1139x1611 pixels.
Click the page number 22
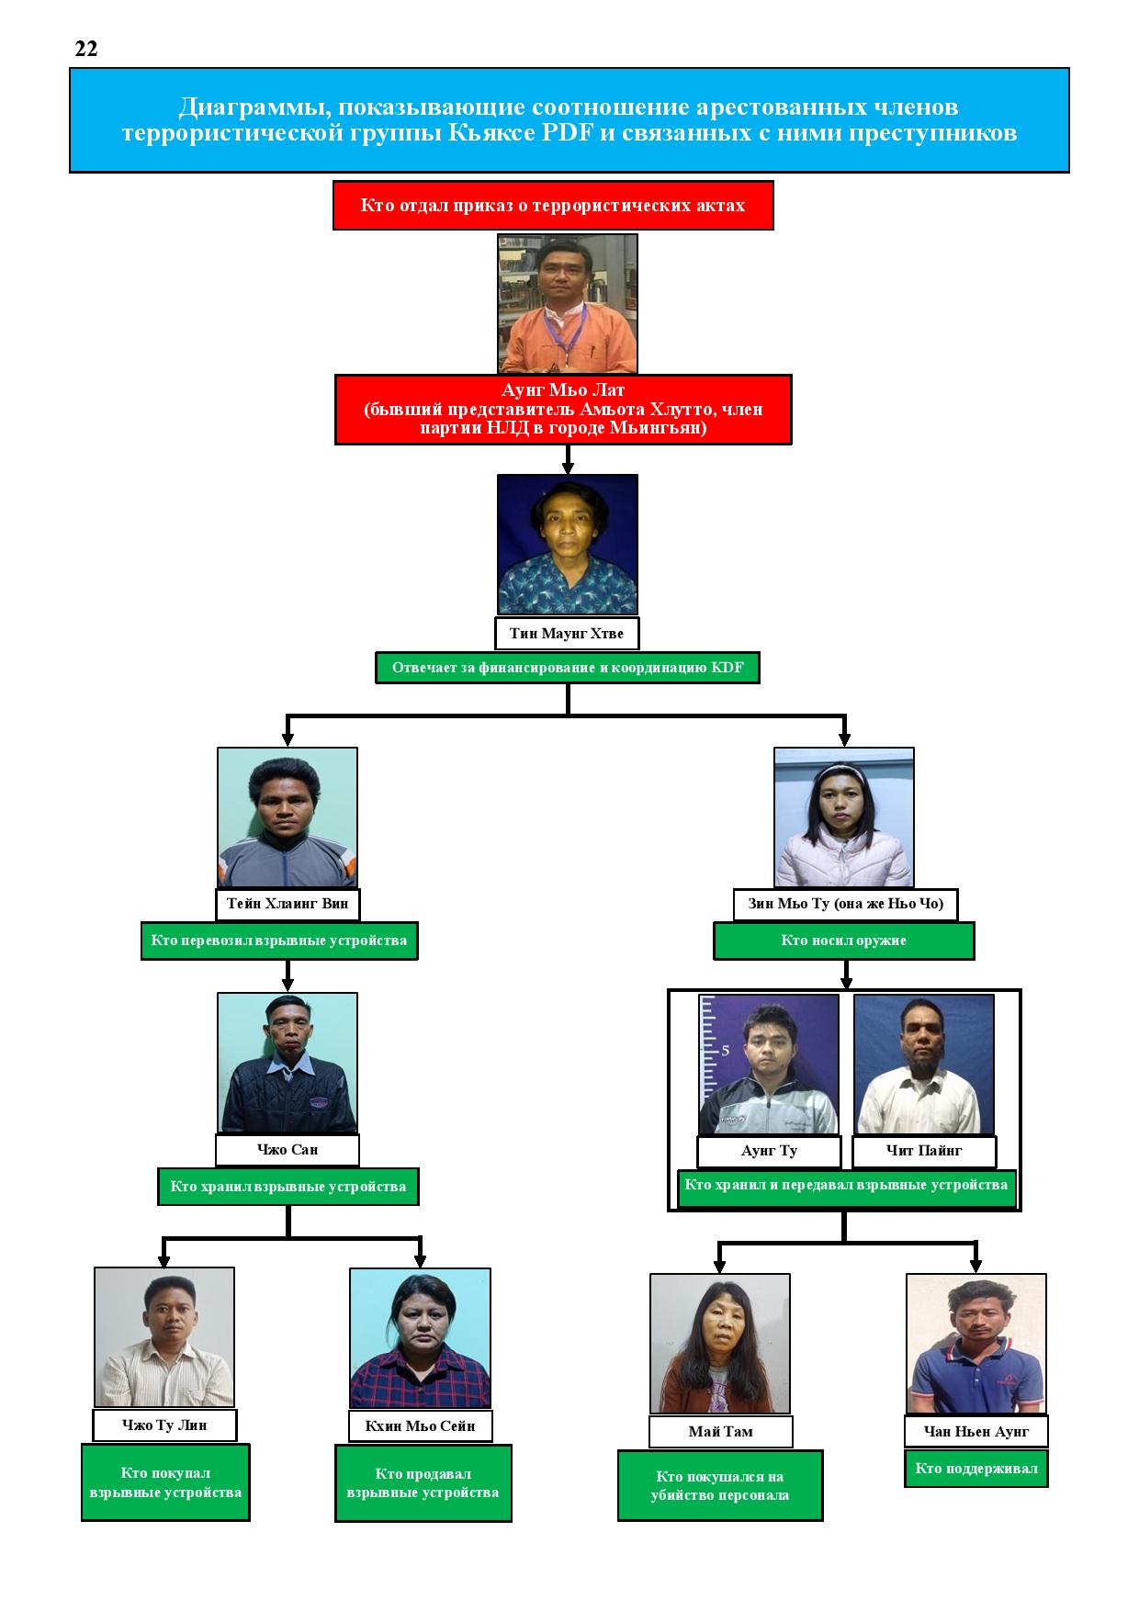pos(86,50)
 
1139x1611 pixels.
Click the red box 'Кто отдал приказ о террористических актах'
pos(553,205)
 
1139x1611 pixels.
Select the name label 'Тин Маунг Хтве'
pos(567,634)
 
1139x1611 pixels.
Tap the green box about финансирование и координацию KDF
pos(568,668)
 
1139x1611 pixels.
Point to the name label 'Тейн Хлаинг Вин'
pos(288,904)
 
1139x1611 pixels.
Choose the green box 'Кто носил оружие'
pos(844,941)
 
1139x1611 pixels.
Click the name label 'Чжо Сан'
pos(288,1150)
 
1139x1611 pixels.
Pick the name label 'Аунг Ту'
pos(769,1151)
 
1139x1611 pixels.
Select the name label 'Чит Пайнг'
pos(924,1151)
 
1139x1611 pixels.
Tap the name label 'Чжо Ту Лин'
pos(164,1425)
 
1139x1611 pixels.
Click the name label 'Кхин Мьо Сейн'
pos(420,1426)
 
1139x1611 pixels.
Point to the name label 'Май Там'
pos(720,1432)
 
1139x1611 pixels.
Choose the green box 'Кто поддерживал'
pos(976,1468)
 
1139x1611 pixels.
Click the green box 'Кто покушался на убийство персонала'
pos(720,1486)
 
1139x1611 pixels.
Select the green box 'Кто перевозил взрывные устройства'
pos(279,941)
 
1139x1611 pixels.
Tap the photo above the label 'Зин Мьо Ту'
pos(844,817)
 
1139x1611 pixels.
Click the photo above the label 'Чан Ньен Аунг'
pos(976,1345)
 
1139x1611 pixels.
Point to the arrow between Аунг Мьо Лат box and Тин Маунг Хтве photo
pos(568,459)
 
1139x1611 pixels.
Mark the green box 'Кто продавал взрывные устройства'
pos(423,1482)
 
